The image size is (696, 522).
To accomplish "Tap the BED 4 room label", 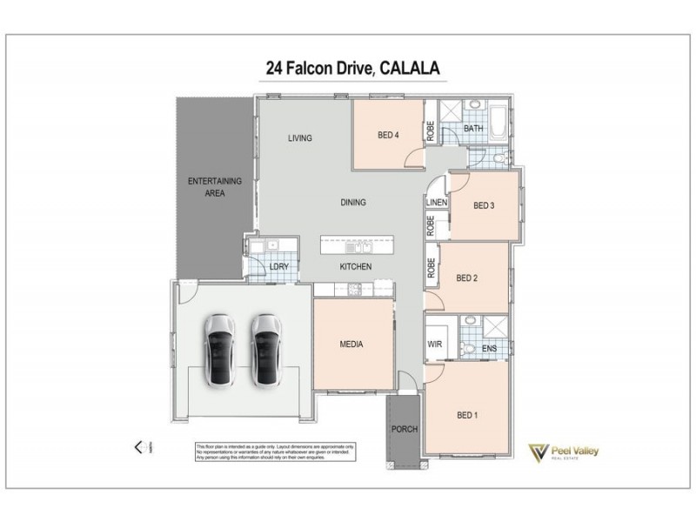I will coord(389,135).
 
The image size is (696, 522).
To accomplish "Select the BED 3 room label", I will coord(484,206).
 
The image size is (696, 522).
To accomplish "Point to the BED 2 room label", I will coord(467,278).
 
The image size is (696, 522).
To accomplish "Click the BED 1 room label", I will coord(467,415).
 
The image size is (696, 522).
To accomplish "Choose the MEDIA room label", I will coord(351,345).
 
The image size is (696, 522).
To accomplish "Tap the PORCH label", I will coord(405,430).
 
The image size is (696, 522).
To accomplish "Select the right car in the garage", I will coord(266,351).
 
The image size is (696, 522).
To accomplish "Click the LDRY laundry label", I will coord(278,267).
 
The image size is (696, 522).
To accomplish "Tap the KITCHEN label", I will coord(356,266).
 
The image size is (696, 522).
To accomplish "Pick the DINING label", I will coord(352,203).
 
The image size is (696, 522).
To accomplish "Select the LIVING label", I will coord(300,138).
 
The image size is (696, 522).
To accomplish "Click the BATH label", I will coord(473,129).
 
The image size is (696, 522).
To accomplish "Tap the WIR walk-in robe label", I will coord(436,345).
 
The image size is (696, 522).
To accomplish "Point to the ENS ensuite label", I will coord(489,349).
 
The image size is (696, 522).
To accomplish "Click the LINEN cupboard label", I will coord(436,203).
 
